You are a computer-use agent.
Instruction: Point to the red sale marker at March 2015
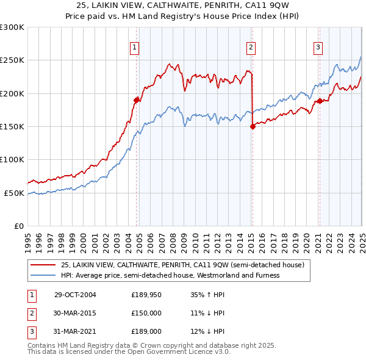tap(253, 126)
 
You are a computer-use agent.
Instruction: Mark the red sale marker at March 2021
tap(319, 101)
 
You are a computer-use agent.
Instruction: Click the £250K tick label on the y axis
tap(12, 60)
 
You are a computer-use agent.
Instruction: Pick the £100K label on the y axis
tap(12, 159)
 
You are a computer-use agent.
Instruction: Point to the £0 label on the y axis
tap(18, 226)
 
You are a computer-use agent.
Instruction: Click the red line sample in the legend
tap(43, 265)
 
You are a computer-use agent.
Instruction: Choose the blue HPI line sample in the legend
tap(43, 275)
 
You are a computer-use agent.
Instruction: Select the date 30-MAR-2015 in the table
tap(75, 313)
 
